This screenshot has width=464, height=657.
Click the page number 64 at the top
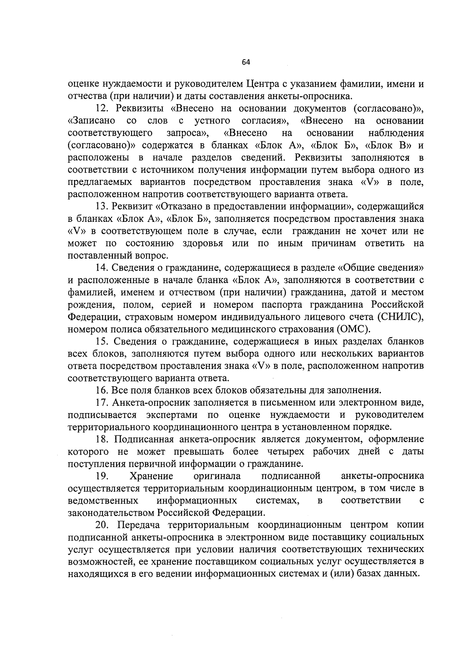[246, 62]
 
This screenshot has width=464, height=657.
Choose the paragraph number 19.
[103, 476]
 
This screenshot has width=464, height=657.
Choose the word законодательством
[111, 513]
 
